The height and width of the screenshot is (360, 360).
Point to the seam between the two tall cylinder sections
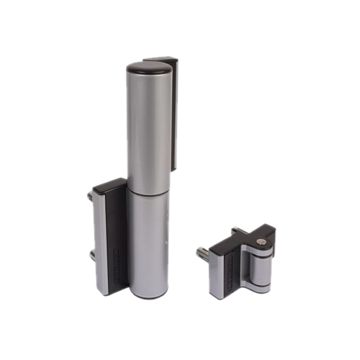click(x=149, y=192)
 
